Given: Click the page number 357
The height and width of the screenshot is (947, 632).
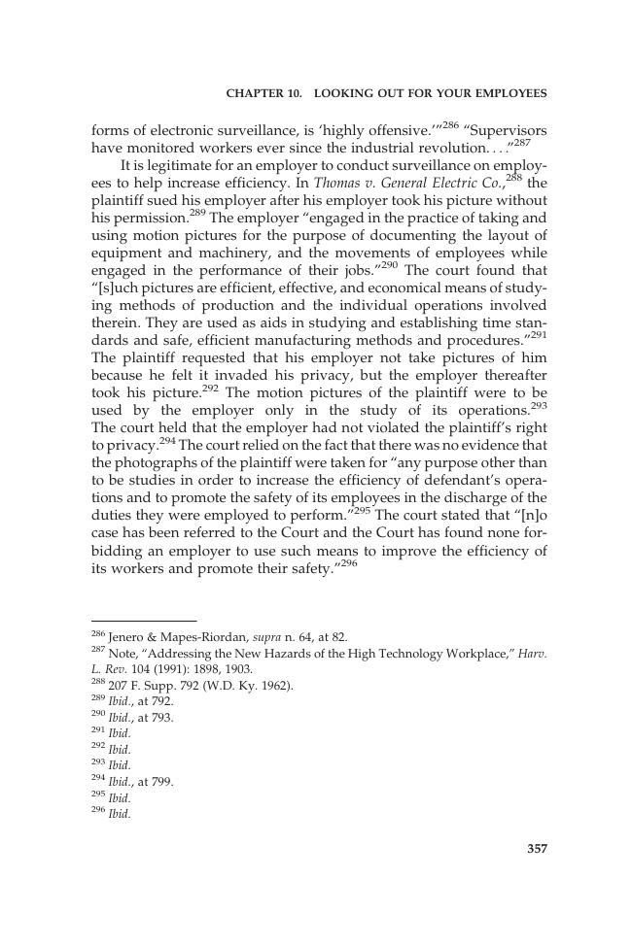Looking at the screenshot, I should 537,848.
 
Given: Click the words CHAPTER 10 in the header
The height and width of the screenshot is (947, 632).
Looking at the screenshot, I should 259,93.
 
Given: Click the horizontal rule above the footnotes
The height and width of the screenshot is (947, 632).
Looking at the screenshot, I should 143,620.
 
